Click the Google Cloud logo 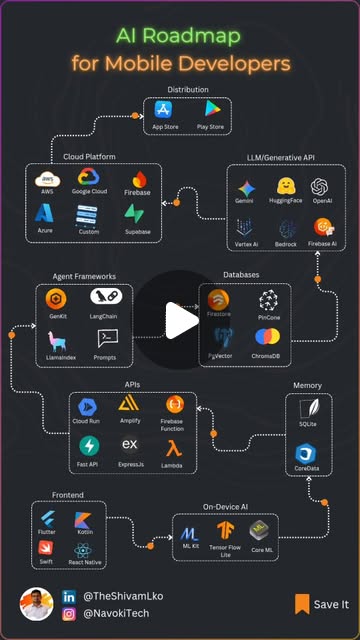click(89, 178)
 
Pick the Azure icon click(46, 212)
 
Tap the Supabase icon click(136, 213)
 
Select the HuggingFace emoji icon click(284, 186)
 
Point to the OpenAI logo click(321, 187)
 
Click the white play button click(180, 320)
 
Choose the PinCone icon click(269, 299)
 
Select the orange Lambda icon click(173, 446)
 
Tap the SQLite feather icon click(306, 410)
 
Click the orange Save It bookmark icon click(301, 604)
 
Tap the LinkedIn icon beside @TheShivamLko click(69, 596)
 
